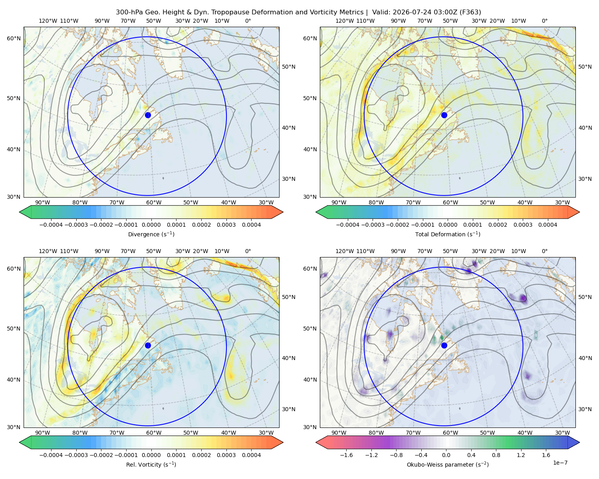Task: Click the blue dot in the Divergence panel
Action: click(x=148, y=115)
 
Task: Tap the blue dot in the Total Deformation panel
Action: click(x=444, y=115)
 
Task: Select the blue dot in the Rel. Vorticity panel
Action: click(x=148, y=345)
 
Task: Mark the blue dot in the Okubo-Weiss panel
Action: click(x=444, y=345)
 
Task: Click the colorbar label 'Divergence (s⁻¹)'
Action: click(x=151, y=234)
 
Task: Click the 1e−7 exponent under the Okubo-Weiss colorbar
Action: click(x=560, y=463)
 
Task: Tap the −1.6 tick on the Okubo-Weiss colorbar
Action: click(x=347, y=455)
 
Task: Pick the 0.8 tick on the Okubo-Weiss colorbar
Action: click(x=496, y=455)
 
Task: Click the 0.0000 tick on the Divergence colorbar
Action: click(x=151, y=225)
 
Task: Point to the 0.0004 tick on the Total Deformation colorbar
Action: click(x=548, y=225)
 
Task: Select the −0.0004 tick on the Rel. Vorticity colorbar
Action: click(x=51, y=455)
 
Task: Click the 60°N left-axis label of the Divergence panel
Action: click(x=14, y=38)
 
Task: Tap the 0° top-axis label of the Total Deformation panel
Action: click(x=545, y=21)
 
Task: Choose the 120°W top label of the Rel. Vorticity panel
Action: click(x=48, y=251)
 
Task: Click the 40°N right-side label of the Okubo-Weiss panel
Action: click(x=585, y=358)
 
